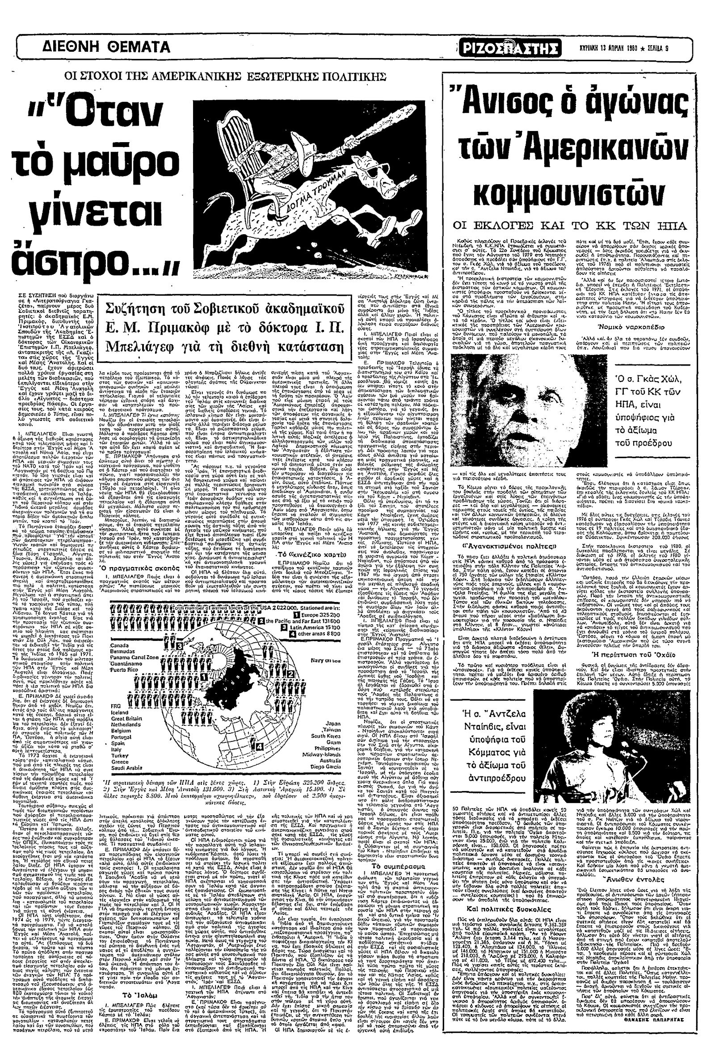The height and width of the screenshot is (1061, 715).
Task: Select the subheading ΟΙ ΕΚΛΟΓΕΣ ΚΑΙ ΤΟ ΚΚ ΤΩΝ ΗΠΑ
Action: pos(568,225)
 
